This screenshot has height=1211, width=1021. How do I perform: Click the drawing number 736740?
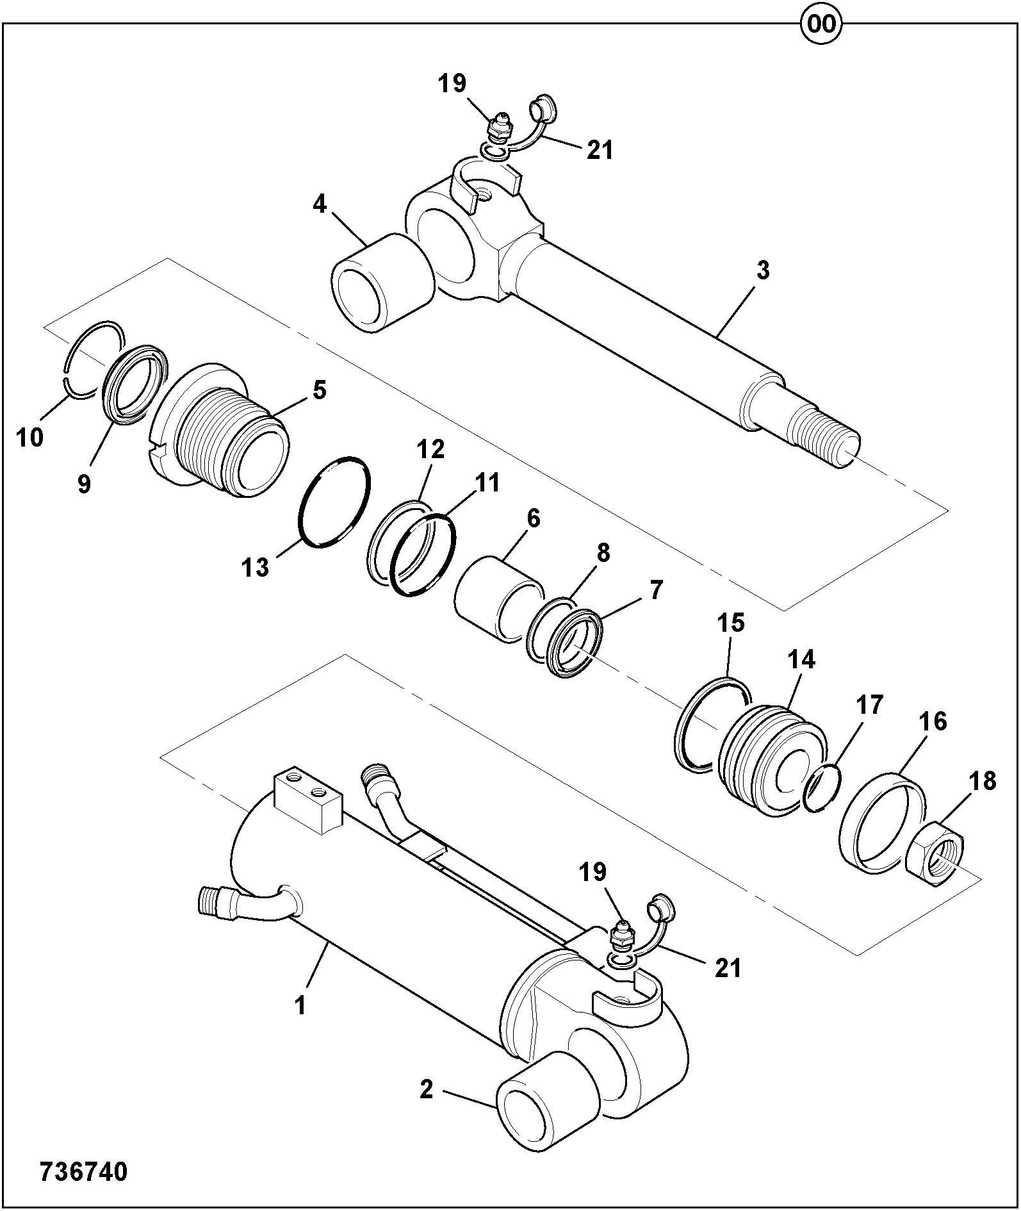point(84,1172)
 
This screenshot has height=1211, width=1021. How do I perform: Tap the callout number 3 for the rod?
point(762,270)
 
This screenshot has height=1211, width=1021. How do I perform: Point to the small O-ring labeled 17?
point(821,787)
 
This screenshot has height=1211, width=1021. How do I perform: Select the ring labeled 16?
point(882,823)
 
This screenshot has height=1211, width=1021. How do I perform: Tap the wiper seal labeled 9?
point(135,383)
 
